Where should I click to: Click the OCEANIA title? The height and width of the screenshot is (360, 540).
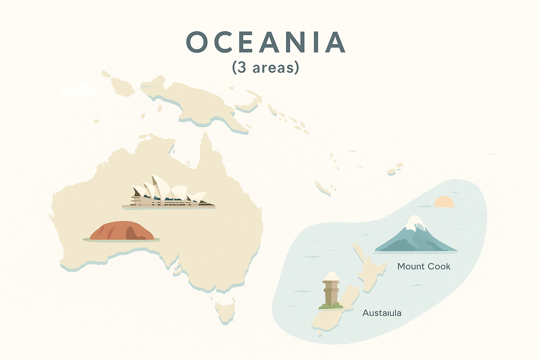[266, 42]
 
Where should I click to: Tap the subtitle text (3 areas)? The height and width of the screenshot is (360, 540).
[266, 67]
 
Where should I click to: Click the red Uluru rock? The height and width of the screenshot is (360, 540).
[121, 232]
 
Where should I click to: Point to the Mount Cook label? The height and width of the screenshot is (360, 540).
[424, 266]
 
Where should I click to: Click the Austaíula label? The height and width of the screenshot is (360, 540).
[382, 313]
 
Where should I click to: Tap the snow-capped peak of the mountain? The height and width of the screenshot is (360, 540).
[416, 221]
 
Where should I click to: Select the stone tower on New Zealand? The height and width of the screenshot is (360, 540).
[331, 290]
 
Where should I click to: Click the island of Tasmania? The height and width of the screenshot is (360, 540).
[225, 311]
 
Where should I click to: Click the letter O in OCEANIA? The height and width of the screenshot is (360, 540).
[197, 42]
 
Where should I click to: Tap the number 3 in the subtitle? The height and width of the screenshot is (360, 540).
[242, 67]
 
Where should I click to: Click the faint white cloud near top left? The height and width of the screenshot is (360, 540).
[78, 90]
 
